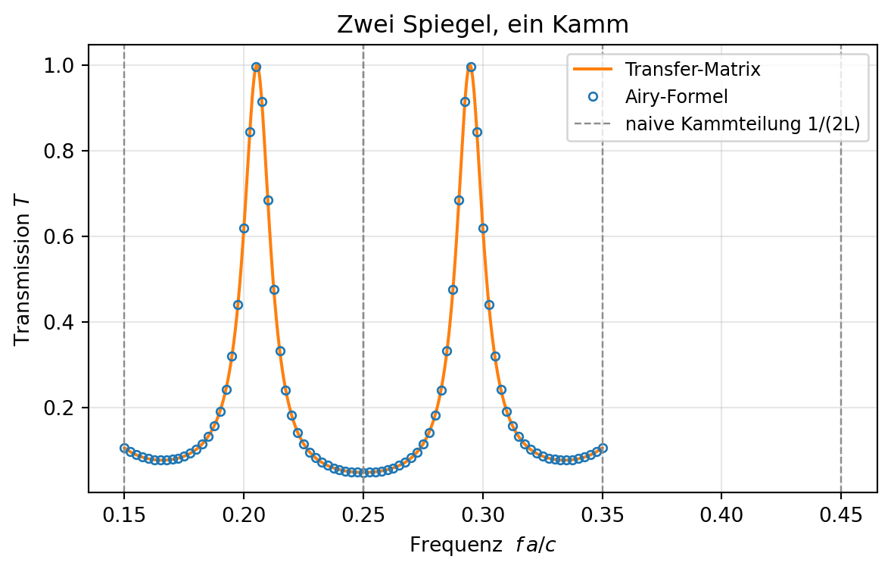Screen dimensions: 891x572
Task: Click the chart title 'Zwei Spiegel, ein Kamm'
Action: pyautogui.click(x=482, y=25)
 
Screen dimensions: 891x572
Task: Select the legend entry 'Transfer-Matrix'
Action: pyautogui.click(x=693, y=70)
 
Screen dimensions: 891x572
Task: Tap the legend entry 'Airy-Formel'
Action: pyautogui.click(x=676, y=97)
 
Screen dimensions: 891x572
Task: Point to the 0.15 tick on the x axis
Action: pyautogui.click(x=124, y=516)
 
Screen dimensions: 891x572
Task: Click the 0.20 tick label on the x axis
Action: pyautogui.click(x=244, y=516)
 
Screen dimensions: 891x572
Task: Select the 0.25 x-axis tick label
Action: pyautogui.click(x=363, y=516)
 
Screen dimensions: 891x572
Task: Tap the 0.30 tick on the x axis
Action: pyautogui.click(x=482, y=516)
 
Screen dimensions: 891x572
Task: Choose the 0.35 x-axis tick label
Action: pyautogui.click(x=603, y=516)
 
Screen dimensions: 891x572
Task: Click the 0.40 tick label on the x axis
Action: pyautogui.click(x=721, y=516)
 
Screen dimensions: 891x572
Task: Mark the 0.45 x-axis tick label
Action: pyautogui.click(x=841, y=516)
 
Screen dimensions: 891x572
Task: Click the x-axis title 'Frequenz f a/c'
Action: pyautogui.click(x=482, y=545)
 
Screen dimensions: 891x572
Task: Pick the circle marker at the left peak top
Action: pyautogui.click(x=257, y=67)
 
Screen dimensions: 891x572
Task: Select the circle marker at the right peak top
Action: pyautogui.click(x=471, y=67)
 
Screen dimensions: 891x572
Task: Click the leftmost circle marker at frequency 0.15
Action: pyautogui.click(x=124, y=448)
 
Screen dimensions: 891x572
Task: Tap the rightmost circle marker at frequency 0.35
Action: pyautogui.click(x=603, y=448)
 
